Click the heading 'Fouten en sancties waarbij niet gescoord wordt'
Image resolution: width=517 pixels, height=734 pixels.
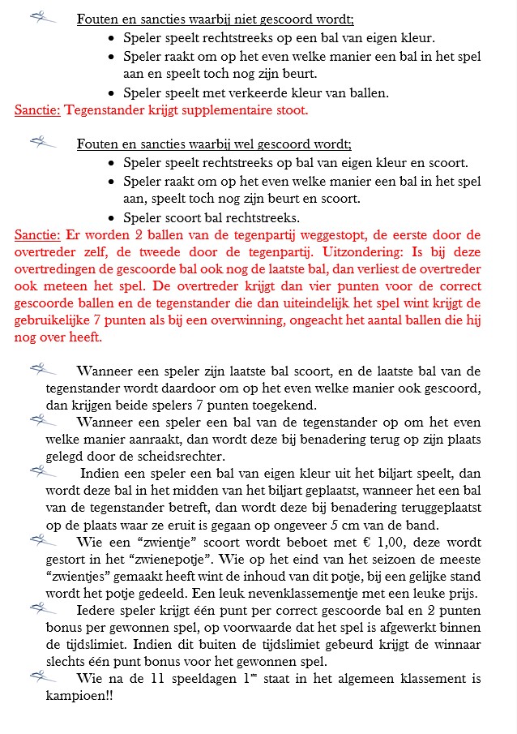click(x=215, y=19)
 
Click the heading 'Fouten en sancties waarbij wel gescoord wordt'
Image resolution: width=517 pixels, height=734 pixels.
click(x=214, y=144)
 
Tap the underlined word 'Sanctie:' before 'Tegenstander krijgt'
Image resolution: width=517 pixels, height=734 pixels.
click(x=37, y=109)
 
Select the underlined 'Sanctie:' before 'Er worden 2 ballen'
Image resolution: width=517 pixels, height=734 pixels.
click(x=37, y=235)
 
